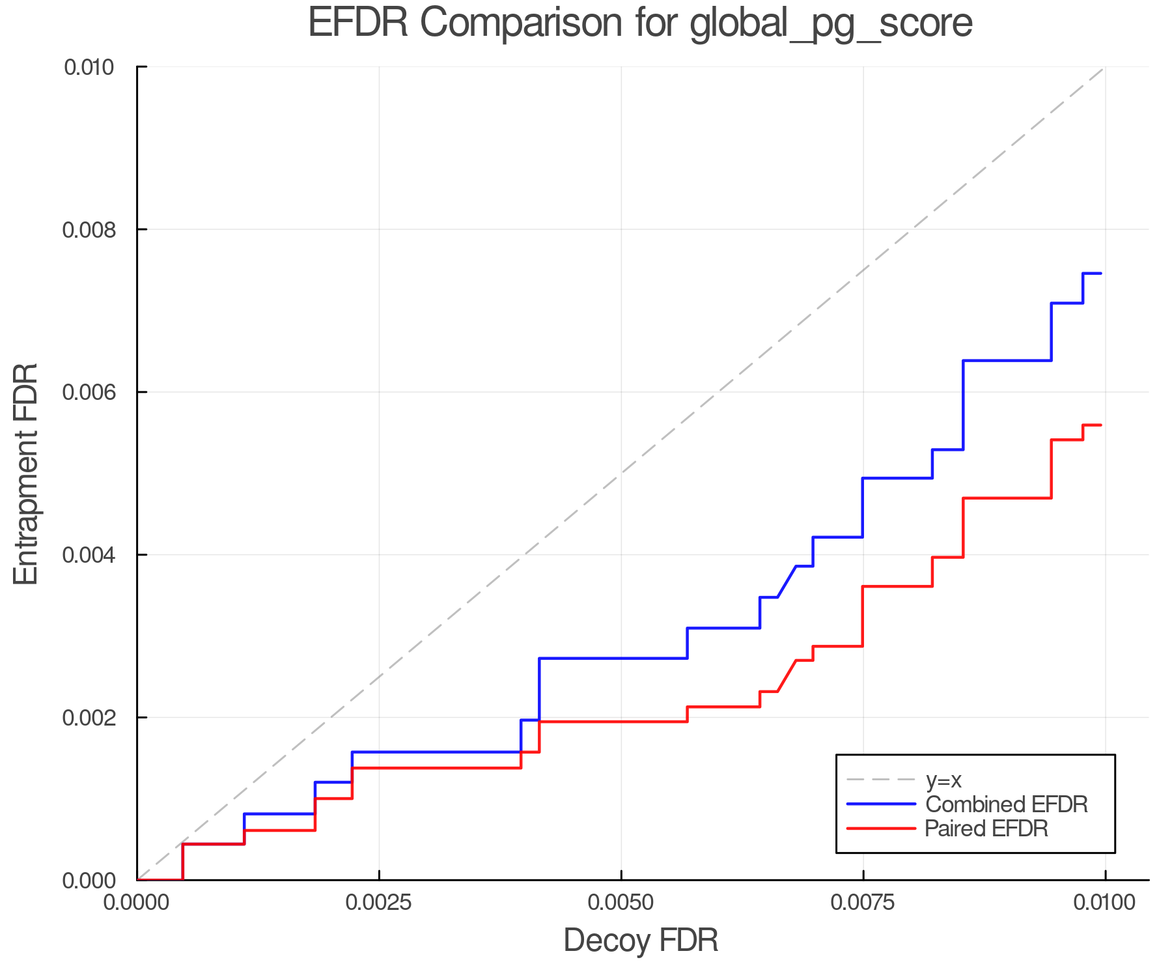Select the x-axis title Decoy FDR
(641, 941)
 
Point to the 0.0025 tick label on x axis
(379, 903)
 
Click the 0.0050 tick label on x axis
(621, 903)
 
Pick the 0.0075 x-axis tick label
(863, 903)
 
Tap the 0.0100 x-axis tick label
(1105, 903)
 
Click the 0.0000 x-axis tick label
(137, 903)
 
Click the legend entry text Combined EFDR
(1007, 804)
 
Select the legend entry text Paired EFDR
(987, 828)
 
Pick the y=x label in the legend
(943, 780)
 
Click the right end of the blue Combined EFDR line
(1100, 274)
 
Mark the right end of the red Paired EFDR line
(1100, 425)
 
